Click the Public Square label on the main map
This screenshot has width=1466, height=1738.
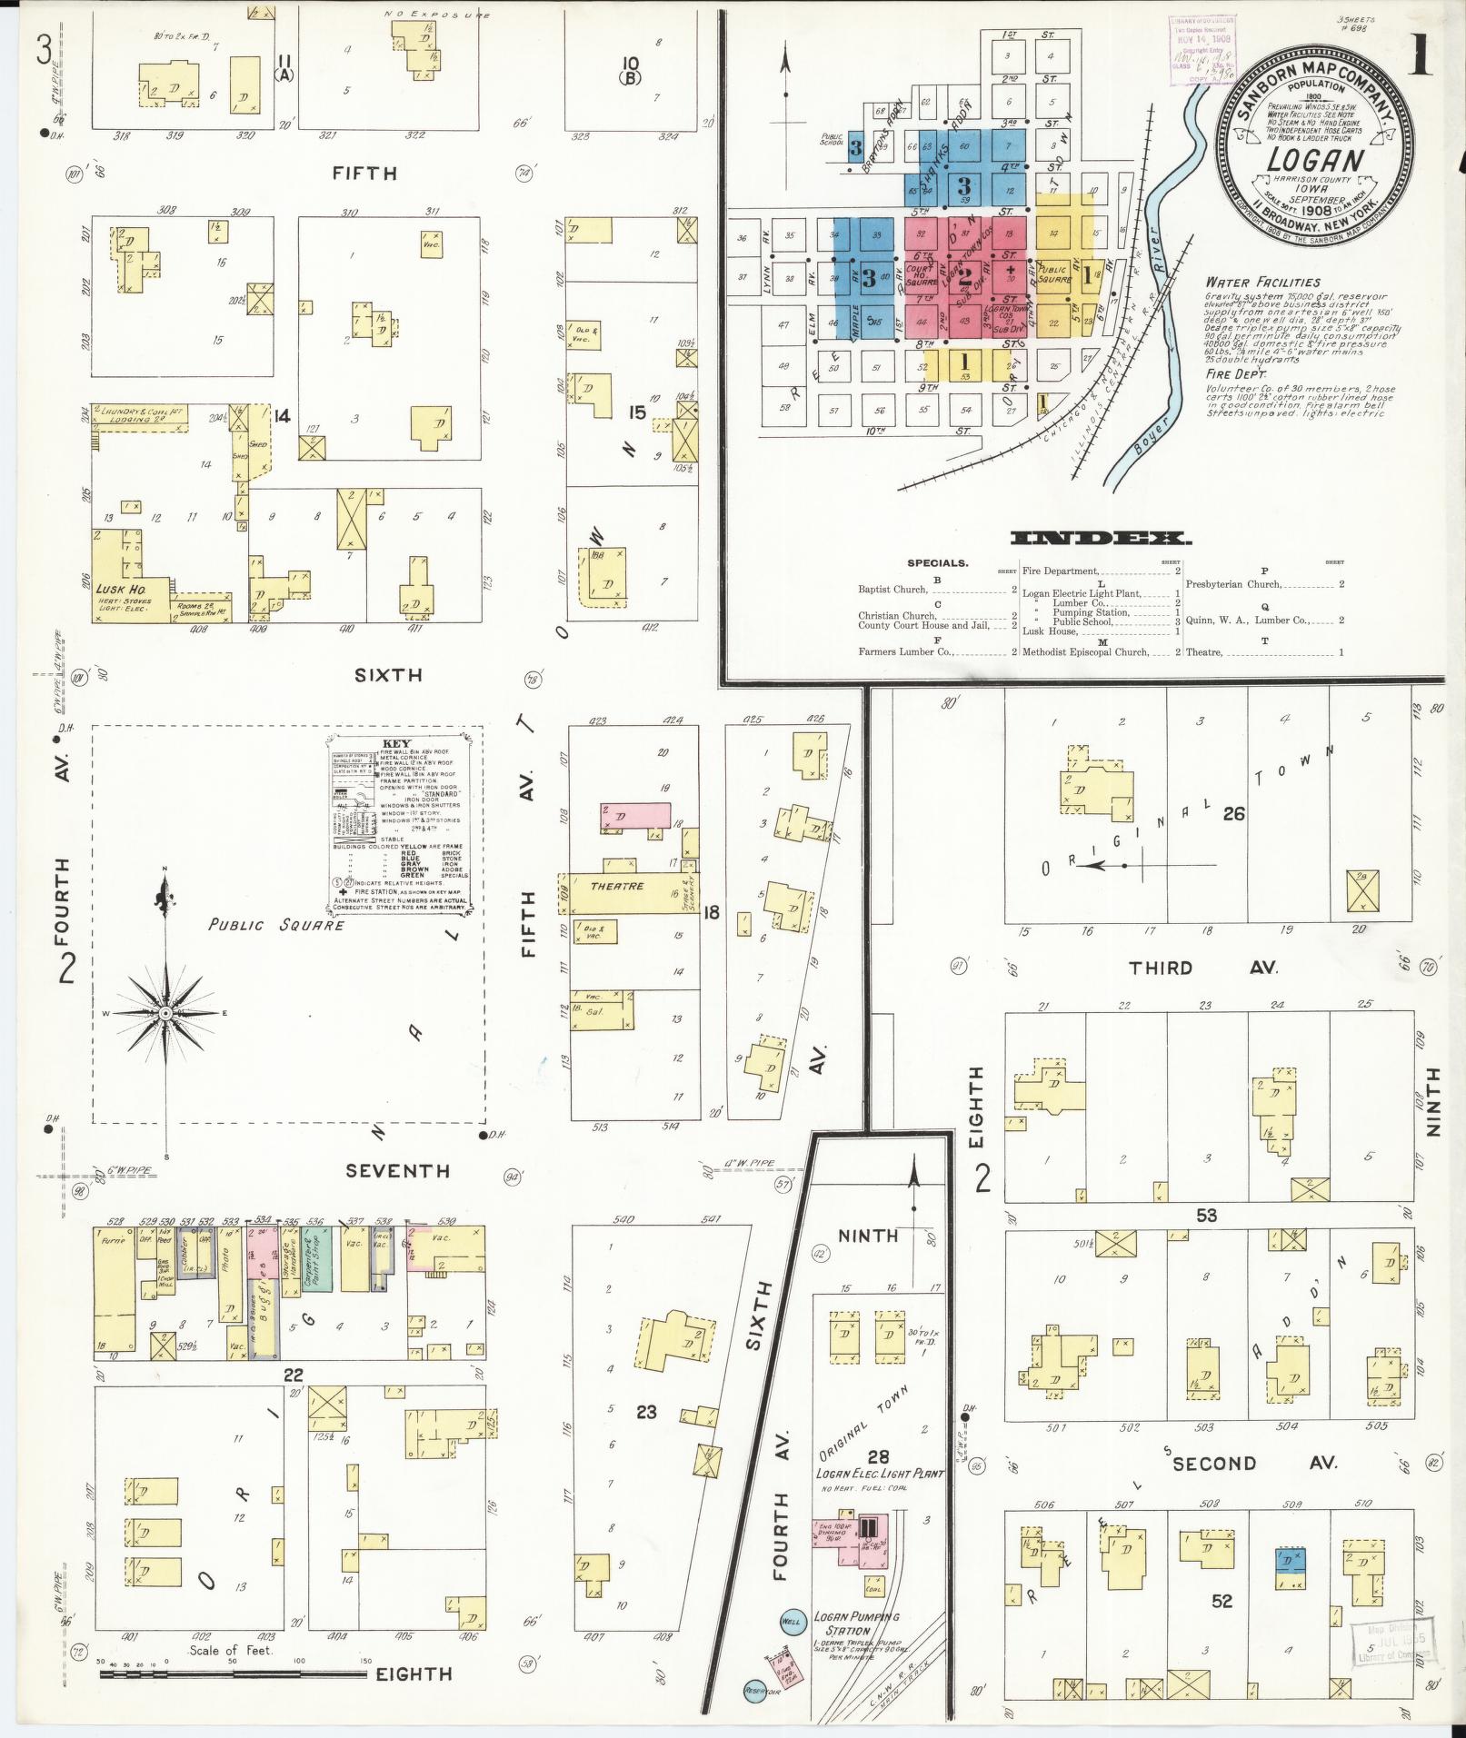[x=275, y=925]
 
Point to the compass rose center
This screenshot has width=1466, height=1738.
[x=165, y=1012]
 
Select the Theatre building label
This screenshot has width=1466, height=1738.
[x=616, y=886]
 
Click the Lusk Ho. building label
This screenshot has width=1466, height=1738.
[x=115, y=589]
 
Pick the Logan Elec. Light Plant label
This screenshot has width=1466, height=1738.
[x=878, y=1473]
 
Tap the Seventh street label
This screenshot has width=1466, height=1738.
[x=397, y=1170]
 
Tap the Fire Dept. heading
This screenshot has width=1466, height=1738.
[x=1231, y=373]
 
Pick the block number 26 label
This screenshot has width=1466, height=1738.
[x=1232, y=814]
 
